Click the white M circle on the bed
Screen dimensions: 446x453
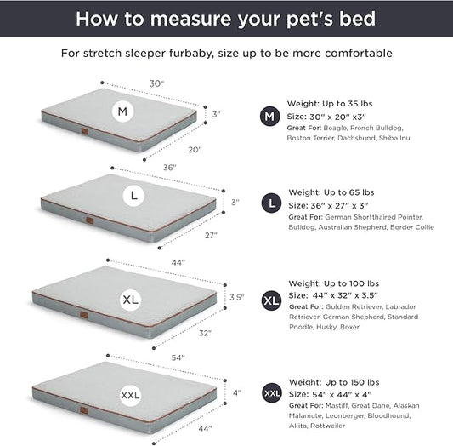[124, 111]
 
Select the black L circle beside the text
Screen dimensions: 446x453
[271, 203]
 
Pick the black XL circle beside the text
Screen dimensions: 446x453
[271, 300]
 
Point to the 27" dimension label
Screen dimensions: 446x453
[211, 235]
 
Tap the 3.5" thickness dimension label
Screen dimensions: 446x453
[237, 298]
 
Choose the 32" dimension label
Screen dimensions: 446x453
[205, 334]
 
